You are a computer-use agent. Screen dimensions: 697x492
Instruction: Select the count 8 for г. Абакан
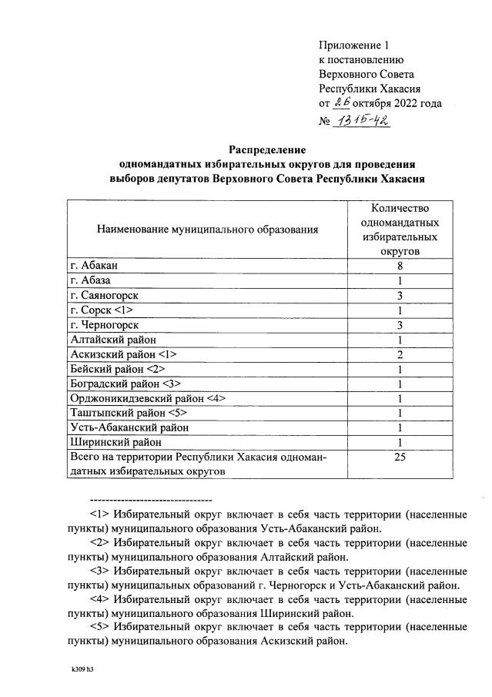(x=400, y=266)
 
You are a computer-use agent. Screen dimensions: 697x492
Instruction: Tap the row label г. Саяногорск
(x=106, y=295)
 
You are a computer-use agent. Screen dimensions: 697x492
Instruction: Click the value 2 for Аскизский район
(x=400, y=354)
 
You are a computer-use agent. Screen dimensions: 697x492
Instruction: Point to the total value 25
(x=400, y=457)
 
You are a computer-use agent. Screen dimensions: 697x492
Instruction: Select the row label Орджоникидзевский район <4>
(x=147, y=397)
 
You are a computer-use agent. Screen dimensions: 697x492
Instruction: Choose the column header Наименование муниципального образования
(x=206, y=229)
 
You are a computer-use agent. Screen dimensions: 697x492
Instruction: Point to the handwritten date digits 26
(x=342, y=103)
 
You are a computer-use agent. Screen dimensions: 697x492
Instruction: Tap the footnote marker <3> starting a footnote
(x=99, y=571)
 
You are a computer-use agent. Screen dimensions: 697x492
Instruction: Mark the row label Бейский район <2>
(x=114, y=368)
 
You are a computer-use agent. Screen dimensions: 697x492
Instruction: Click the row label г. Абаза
(x=90, y=280)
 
